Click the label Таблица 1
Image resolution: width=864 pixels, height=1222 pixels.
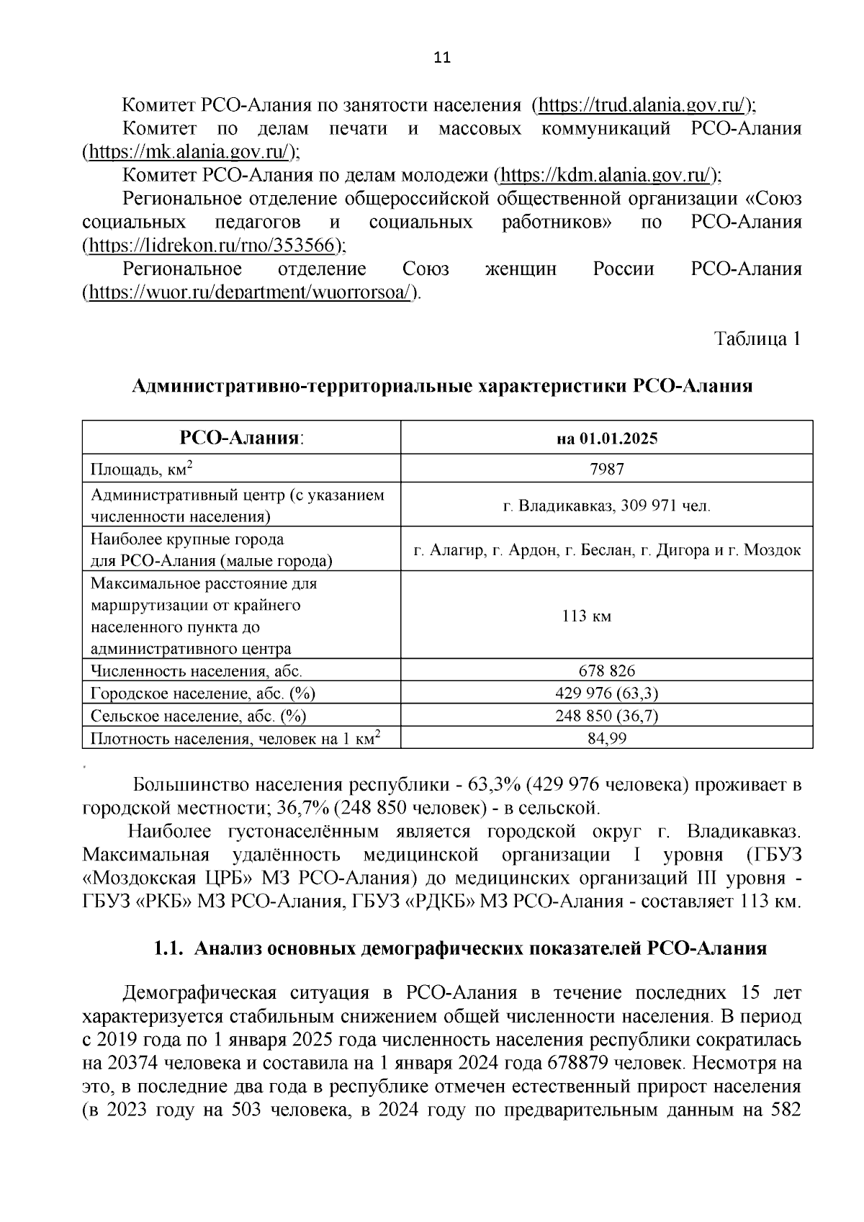pos(757,338)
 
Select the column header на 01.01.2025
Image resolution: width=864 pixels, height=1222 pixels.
pos(607,439)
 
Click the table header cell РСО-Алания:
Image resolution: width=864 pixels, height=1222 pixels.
pos(241,438)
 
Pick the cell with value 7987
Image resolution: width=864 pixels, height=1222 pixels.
pos(607,469)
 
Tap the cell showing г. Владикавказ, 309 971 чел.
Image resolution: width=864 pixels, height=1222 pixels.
pos(607,506)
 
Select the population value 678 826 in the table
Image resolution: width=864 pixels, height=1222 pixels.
pos(607,671)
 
